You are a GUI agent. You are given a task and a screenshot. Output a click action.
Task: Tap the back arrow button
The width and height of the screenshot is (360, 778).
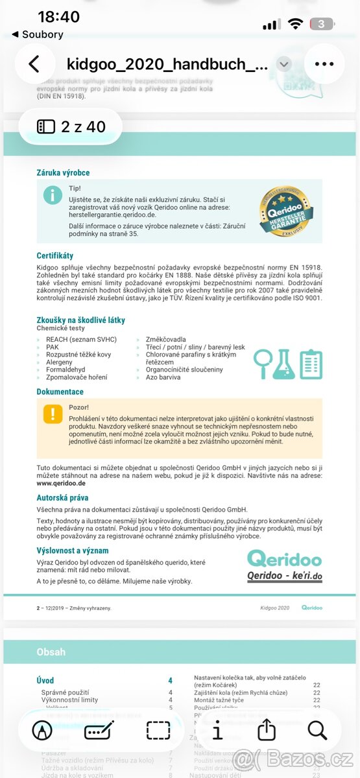pos(34,64)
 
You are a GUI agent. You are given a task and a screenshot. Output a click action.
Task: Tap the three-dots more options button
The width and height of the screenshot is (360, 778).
pos(324,64)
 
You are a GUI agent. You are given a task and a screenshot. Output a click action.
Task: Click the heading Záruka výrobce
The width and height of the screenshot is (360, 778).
pos(63,173)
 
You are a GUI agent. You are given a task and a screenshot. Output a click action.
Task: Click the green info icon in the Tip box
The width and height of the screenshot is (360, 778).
pos(53,194)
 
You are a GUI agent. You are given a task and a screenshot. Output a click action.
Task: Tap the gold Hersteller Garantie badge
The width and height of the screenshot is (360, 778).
pos(286,212)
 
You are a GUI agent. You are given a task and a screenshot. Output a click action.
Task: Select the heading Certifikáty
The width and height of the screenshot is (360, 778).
pos(55,256)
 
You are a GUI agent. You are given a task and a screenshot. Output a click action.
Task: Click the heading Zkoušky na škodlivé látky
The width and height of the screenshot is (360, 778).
pos(80,320)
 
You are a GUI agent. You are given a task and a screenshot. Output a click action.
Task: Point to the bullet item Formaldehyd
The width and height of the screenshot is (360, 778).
pos(66,370)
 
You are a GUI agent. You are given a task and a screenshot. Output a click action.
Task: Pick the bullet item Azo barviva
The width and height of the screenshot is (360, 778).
pos(163,377)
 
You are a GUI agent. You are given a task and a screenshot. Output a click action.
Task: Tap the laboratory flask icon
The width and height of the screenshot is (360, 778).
pos(283,364)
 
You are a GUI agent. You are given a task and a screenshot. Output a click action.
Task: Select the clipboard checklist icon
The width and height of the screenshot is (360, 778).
pos(311,364)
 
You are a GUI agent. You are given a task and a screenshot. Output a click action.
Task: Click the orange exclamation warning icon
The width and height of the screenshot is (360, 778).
pos(53,414)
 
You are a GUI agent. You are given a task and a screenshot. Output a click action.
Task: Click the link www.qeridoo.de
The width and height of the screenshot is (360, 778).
pos(61,483)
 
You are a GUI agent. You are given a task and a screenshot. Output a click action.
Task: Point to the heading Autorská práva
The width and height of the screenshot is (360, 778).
pos(64,497)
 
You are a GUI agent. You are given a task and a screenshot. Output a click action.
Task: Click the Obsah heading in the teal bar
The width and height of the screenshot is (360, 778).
pos(51,652)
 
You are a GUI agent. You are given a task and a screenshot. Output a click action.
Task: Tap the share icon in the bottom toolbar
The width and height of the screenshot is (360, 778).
pos(267,730)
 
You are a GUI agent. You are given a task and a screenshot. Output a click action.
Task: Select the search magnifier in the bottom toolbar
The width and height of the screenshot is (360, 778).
pos(317,730)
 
